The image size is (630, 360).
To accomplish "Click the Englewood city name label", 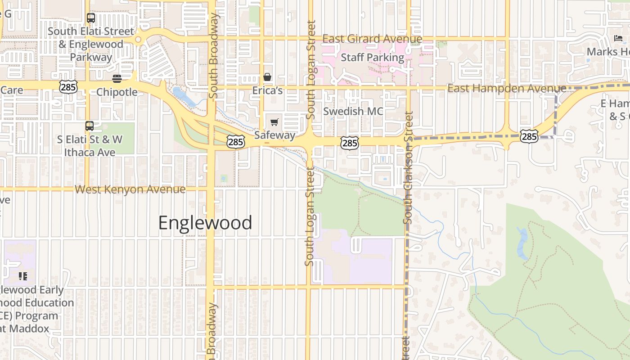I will coord(205,223).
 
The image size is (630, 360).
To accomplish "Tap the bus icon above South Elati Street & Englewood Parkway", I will coord(91,18).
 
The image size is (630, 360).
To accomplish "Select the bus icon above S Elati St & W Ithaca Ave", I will coord(90,126).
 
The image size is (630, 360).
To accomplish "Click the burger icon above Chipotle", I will coord(117,79).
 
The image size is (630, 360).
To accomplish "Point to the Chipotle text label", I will coord(117,92).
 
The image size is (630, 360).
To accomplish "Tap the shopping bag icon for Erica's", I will coord(267,77).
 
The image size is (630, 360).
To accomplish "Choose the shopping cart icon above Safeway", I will coord(274,122).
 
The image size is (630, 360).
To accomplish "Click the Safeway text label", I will coord(274,135).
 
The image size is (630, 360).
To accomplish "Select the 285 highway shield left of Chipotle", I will coord(68,86).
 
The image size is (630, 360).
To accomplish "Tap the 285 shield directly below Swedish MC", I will coord(350,143).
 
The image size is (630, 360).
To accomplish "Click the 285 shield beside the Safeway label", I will coord(235,142).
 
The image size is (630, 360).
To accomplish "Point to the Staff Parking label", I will coord(372,58).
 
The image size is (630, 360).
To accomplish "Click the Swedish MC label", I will coord(353,111).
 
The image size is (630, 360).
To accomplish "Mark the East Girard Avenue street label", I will coord(372,39).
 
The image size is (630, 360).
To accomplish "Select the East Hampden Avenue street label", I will coord(506,88).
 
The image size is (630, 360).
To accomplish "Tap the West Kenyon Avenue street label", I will coord(130,189).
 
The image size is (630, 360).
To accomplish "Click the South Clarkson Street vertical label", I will coord(408,167).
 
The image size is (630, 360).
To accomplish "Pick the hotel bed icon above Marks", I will coord(618,39).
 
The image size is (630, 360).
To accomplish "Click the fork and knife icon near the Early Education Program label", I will coord(23,276).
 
